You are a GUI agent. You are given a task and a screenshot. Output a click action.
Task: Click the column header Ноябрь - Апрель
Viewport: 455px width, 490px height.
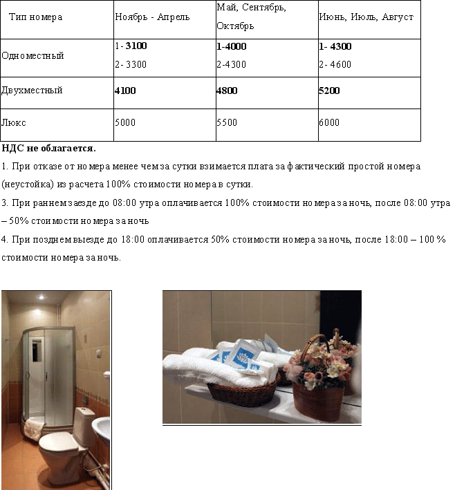(151, 17)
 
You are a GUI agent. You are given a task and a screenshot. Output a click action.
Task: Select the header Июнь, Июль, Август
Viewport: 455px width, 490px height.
(366, 17)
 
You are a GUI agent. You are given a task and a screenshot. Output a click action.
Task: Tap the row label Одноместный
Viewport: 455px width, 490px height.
(32, 56)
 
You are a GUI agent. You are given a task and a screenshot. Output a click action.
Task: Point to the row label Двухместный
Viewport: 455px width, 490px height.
(32, 91)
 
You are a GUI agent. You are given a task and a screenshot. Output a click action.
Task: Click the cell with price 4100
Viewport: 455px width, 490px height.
(126, 91)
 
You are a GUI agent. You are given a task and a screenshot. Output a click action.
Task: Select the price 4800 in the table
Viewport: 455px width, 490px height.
(228, 91)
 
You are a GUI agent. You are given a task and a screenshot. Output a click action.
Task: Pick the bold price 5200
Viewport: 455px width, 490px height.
(329, 91)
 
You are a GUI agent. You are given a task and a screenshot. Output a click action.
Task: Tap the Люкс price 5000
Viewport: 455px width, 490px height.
(126, 122)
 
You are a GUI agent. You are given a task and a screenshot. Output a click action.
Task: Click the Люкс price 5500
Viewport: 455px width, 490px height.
(227, 122)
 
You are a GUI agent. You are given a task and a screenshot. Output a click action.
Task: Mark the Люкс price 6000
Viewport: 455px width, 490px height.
(329, 122)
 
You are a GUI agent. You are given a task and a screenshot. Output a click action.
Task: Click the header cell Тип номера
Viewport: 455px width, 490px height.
(36, 17)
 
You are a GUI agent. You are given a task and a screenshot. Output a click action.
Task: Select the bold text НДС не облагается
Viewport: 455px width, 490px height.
(48, 148)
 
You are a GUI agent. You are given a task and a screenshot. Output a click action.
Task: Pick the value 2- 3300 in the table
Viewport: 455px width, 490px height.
(131, 65)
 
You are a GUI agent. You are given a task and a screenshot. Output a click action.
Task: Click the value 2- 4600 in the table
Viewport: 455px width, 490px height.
(335, 65)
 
